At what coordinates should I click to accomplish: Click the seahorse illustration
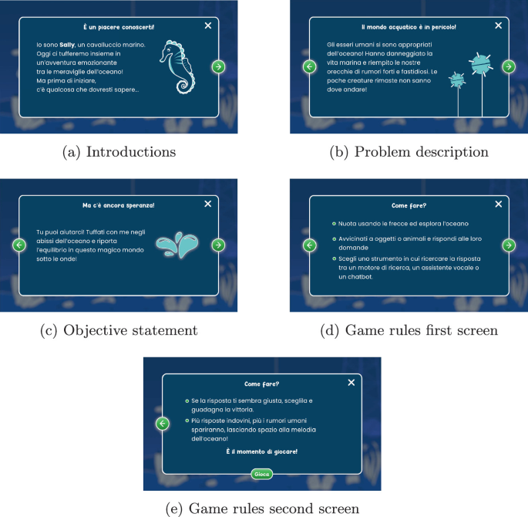click(x=177, y=67)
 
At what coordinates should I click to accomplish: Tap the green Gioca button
click(x=261, y=475)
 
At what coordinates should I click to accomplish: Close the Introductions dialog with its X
click(x=208, y=25)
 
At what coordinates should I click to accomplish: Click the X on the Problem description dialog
click(x=499, y=25)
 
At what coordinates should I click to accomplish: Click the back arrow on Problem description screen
click(x=309, y=66)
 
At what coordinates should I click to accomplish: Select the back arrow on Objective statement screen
click(x=19, y=245)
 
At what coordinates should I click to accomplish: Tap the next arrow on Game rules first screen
click(x=509, y=245)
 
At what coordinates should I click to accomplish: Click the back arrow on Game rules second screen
click(x=163, y=424)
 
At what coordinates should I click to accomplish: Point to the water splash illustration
click(x=177, y=245)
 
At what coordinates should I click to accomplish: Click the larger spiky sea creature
click(x=481, y=65)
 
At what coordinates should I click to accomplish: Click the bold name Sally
click(x=67, y=45)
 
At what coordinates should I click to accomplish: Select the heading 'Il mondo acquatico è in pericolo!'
click(x=409, y=27)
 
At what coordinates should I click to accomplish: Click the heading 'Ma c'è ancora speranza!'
click(x=119, y=205)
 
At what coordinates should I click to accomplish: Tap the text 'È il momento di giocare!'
click(x=261, y=451)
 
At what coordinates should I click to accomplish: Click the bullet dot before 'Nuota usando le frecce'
click(x=334, y=224)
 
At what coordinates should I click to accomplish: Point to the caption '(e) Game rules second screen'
click(x=262, y=509)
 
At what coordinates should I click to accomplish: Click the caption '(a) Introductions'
click(x=119, y=152)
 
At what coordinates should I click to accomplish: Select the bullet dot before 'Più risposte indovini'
click(x=187, y=421)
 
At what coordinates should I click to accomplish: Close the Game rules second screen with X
click(x=351, y=383)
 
